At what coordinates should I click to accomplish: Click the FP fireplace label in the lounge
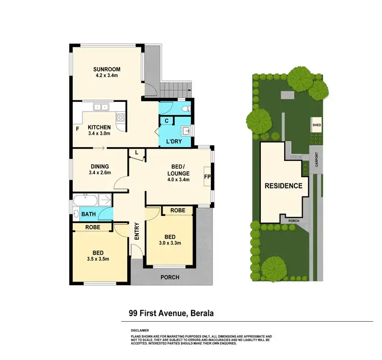pyautogui.click(x=207, y=177)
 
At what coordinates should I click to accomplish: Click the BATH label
pyautogui.click(x=88, y=214)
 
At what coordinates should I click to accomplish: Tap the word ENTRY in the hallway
pyautogui.click(x=137, y=232)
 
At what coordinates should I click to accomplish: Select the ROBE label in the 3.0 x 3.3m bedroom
pyautogui.click(x=177, y=210)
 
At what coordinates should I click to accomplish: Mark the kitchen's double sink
pyautogui.click(x=101, y=107)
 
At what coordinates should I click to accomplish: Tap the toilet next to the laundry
pyautogui.click(x=186, y=108)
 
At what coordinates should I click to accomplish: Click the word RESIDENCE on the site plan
pyautogui.click(x=283, y=186)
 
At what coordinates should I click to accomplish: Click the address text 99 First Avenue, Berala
pyautogui.click(x=171, y=314)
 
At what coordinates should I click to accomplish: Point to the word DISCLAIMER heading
pyautogui.click(x=140, y=330)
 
